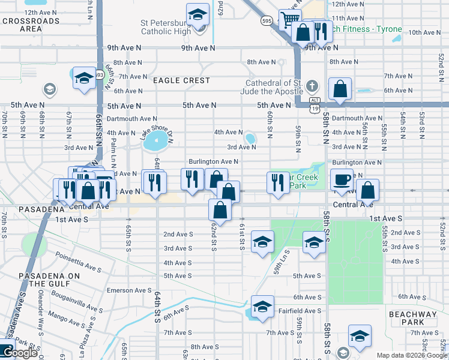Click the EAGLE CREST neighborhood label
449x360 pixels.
pyautogui.click(x=181, y=80)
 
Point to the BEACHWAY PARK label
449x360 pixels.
pyautogui.click(x=414, y=318)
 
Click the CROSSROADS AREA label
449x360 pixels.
pyautogui.click(x=31, y=25)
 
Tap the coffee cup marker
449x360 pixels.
pyautogui.click(x=342, y=180)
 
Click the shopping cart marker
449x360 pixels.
pyautogui.click(x=290, y=19)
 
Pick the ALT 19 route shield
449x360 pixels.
pyautogui.click(x=314, y=104)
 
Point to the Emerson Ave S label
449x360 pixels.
pyautogui.click(x=129, y=290)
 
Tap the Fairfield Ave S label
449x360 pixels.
pyautogui.click(x=300, y=311)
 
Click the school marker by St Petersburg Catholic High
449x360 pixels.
pyautogui.click(x=197, y=15)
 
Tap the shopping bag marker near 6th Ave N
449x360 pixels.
pyautogui.click(x=340, y=89)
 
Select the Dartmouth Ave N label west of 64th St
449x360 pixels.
pyautogui.click(x=131, y=119)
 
